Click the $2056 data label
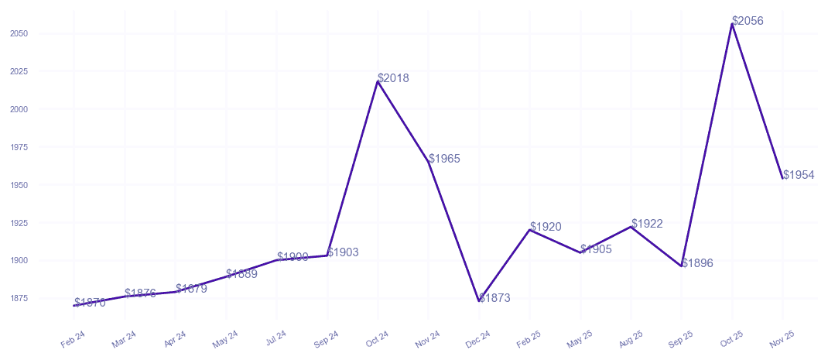(x=748, y=21)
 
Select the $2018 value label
(x=394, y=78)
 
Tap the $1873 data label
(x=494, y=298)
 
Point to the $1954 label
(x=799, y=175)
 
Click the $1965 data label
(x=444, y=159)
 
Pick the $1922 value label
(x=647, y=224)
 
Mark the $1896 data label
(x=697, y=263)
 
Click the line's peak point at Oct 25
(x=732, y=24)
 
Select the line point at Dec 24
(x=479, y=301)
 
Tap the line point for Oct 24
(x=378, y=81)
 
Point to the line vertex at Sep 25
(x=682, y=266)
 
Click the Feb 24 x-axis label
(x=72, y=338)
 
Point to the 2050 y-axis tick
(x=19, y=33)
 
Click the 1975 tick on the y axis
(x=19, y=147)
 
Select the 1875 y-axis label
(x=19, y=298)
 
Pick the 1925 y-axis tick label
(x=19, y=223)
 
